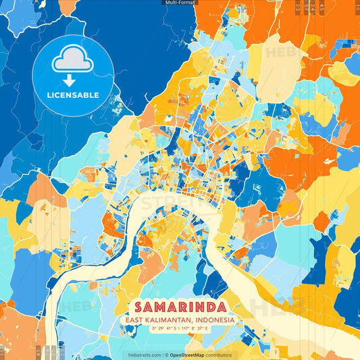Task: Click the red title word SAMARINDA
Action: click(180, 307)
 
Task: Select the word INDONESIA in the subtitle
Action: click(215, 320)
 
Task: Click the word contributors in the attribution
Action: click(219, 355)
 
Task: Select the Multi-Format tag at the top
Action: click(180, 3)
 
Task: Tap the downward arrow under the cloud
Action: click(72, 80)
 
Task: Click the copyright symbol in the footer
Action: click(166, 355)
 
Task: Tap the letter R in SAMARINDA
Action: click(180, 307)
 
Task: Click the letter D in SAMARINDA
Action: click(210, 307)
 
